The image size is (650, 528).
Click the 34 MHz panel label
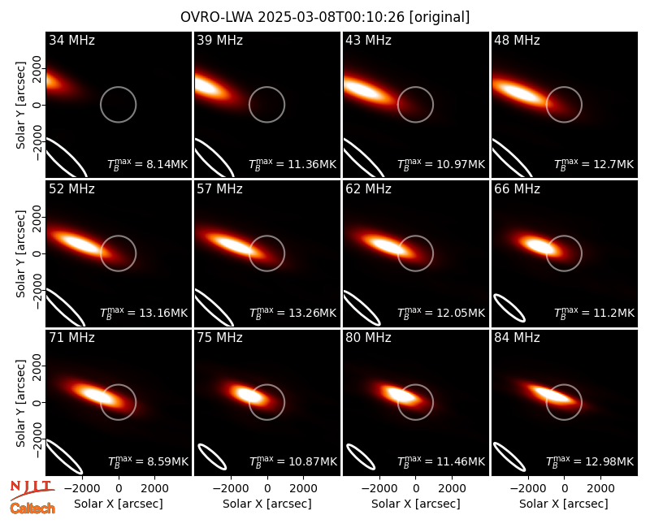[x=71, y=40]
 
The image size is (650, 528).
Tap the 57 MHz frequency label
[x=219, y=189]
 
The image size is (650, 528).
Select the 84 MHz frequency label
[x=517, y=338]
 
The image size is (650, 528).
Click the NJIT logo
[x=32, y=489]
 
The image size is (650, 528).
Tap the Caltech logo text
[x=32, y=509]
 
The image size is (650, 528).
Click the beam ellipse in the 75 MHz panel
[x=212, y=457]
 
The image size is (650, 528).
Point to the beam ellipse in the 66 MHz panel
[x=509, y=308]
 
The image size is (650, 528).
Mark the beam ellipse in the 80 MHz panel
[x=361, y=457]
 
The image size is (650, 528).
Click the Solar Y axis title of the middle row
[x=20, y=253]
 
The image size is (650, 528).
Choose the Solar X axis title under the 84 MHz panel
[x=563, y=504]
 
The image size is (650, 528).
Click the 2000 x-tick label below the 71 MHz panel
[x=154, y=488]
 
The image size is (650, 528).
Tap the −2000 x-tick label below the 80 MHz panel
[x=379, y=488]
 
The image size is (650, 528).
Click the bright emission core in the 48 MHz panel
[x=520, y=92]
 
